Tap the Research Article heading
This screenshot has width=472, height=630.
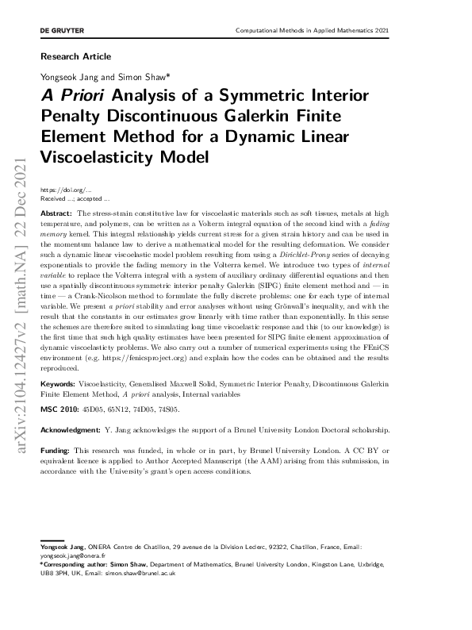75,56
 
